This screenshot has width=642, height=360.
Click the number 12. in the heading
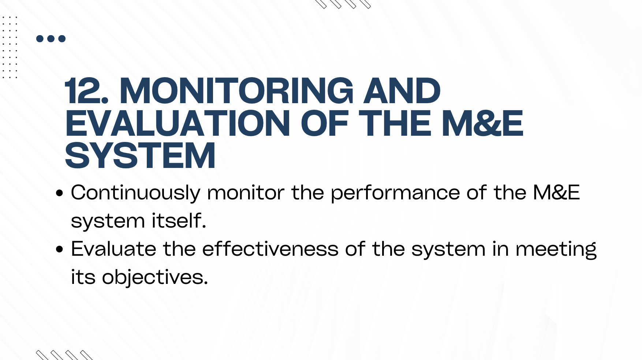[87, 91]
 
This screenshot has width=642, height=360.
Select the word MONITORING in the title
[237, 91]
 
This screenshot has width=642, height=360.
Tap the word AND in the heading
[402, 91]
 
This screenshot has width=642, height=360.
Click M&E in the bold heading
[483, 124]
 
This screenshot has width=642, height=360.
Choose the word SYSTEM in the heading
[140, 156]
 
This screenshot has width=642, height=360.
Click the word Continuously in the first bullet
[136, 193]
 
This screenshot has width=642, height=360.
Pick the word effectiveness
[270, 248]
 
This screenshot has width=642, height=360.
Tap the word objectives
[155, 277]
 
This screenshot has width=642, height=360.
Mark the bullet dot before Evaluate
[60, 249]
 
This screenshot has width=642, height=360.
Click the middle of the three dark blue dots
[51, 38]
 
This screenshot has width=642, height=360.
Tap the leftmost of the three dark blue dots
[40, 38]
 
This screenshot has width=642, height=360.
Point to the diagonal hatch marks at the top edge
[343, 4]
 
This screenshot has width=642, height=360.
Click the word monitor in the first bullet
[246, 192]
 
